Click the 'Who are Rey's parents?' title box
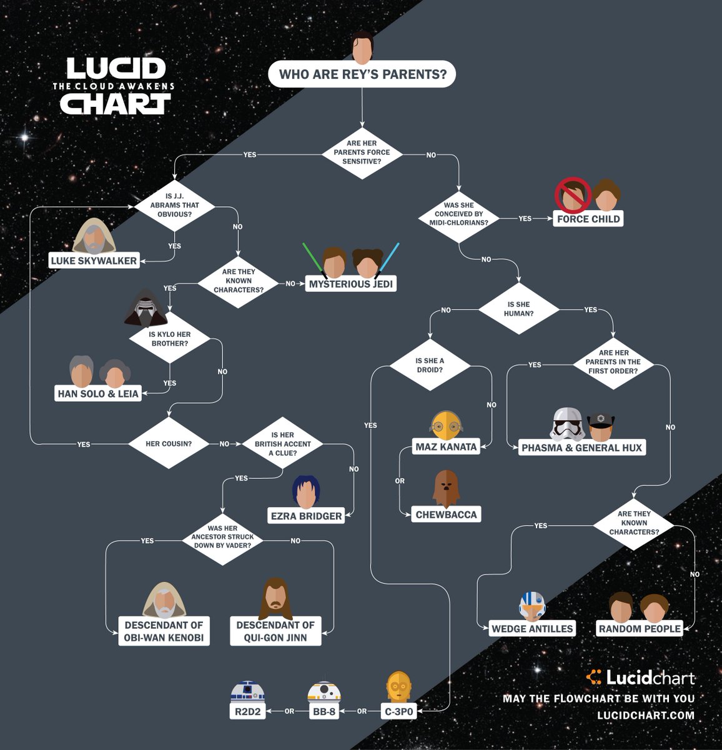click(x=362, y=74)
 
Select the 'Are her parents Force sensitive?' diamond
click(x=362, y=152)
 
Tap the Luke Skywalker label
click(x=94, y=261)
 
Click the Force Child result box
click(x=588, y=219)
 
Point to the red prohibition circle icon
click(x=573, y=195)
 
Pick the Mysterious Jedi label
click(x=351, y=284)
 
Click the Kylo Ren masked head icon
click(x=146, y=307)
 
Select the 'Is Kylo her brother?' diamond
click(x=170, y=339)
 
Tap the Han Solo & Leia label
click(x=98, y=394)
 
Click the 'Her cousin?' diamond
click(x=169, y=444)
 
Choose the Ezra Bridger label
click(x=306, y=516)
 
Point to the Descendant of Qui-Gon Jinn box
click(x=275, y=631)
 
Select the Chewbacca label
click(x=446, y=514)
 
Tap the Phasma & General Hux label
click(x=581, y=447)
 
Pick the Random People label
click(x=640, y=629)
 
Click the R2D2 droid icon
click(x=247, y=692)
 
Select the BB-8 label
click(x=324, y=711)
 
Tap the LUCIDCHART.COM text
click(x=646, y=715)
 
